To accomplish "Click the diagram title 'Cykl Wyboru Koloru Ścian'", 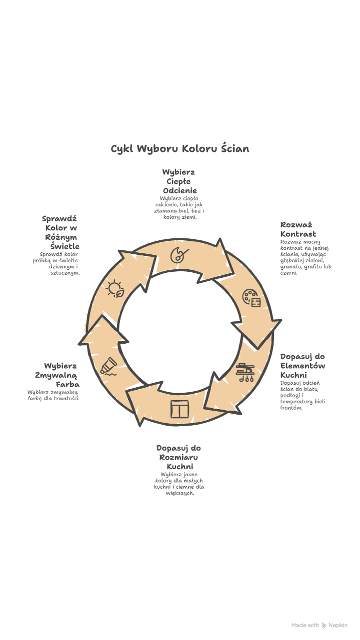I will tap(180, 149).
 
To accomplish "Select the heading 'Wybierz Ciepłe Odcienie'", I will tap(179, 181).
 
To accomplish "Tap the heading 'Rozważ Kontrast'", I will tap(298, 229).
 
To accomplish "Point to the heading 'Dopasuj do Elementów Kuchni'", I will tap(302, 366).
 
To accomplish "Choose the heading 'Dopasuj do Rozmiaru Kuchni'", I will tap(179, 457).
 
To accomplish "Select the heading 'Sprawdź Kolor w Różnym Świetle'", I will tap(61, 232).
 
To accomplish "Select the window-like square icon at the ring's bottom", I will tap(179, 409).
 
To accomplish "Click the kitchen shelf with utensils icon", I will tap(245, 372).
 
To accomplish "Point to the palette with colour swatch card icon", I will tap(251, 298).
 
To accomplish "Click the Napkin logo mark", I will tap(324, 625).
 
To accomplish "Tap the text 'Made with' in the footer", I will tap(305, 625).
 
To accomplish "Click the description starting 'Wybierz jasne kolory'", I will tap(179, 484).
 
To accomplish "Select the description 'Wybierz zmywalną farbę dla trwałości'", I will tap(53, 395).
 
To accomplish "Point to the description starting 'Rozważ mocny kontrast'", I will tap(305, 257).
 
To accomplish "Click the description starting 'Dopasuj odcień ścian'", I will tap(302, 395).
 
